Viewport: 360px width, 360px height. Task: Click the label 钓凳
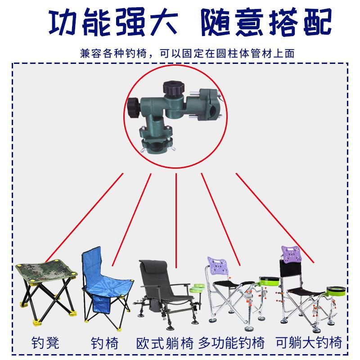45,343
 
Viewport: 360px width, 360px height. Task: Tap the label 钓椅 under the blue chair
104,343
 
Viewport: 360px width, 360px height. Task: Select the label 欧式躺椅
165,343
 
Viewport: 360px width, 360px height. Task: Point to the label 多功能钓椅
231,343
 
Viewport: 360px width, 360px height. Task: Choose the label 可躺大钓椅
309,342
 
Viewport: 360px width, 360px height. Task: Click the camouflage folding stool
46,292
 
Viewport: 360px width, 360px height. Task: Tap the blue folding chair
107,288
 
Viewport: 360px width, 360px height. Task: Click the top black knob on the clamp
174,87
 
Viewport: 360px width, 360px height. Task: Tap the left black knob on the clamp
133,108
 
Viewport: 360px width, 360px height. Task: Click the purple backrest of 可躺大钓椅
291,254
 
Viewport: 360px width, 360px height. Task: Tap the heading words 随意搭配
266,22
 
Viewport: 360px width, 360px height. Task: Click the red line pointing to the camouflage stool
85,218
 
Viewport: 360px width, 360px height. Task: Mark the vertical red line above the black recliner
176,220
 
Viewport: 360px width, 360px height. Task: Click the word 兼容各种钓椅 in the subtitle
113,54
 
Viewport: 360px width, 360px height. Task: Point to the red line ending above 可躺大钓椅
275,218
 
